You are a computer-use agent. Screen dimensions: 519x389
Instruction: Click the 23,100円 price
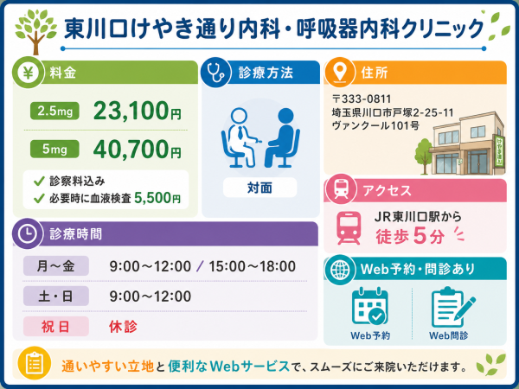point(138,111)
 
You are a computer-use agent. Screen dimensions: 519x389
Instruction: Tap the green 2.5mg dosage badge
point(54,111)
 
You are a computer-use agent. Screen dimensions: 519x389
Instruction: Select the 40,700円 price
point(138,150)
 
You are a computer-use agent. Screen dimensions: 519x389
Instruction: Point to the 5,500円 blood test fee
point(157,198)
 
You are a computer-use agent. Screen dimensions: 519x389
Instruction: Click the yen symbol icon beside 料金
point(29,72)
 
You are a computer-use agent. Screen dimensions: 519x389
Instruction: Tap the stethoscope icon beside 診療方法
point(215,72)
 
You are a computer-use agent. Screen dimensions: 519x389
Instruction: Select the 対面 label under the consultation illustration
point(259,188)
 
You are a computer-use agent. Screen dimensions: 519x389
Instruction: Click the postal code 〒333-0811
point(362,99)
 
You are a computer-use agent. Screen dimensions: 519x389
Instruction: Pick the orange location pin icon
point(340,72)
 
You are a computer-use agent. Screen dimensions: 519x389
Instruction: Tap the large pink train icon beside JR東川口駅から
point(349,228)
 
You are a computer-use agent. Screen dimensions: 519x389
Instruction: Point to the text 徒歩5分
point(410,236)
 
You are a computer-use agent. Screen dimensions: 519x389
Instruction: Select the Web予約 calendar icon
point(369,306)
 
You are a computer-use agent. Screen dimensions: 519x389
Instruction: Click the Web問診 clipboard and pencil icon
point(452,307)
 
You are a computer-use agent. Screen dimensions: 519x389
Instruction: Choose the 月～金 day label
point(55,266)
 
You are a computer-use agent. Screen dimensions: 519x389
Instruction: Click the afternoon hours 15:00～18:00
point(253,266)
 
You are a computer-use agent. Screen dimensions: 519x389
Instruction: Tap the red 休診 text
point(123,327)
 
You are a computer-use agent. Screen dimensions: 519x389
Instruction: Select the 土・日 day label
point(55,296)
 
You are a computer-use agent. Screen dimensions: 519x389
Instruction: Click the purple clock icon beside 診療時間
point(28,233)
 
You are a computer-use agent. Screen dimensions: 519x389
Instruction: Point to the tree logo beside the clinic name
point(35,32)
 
